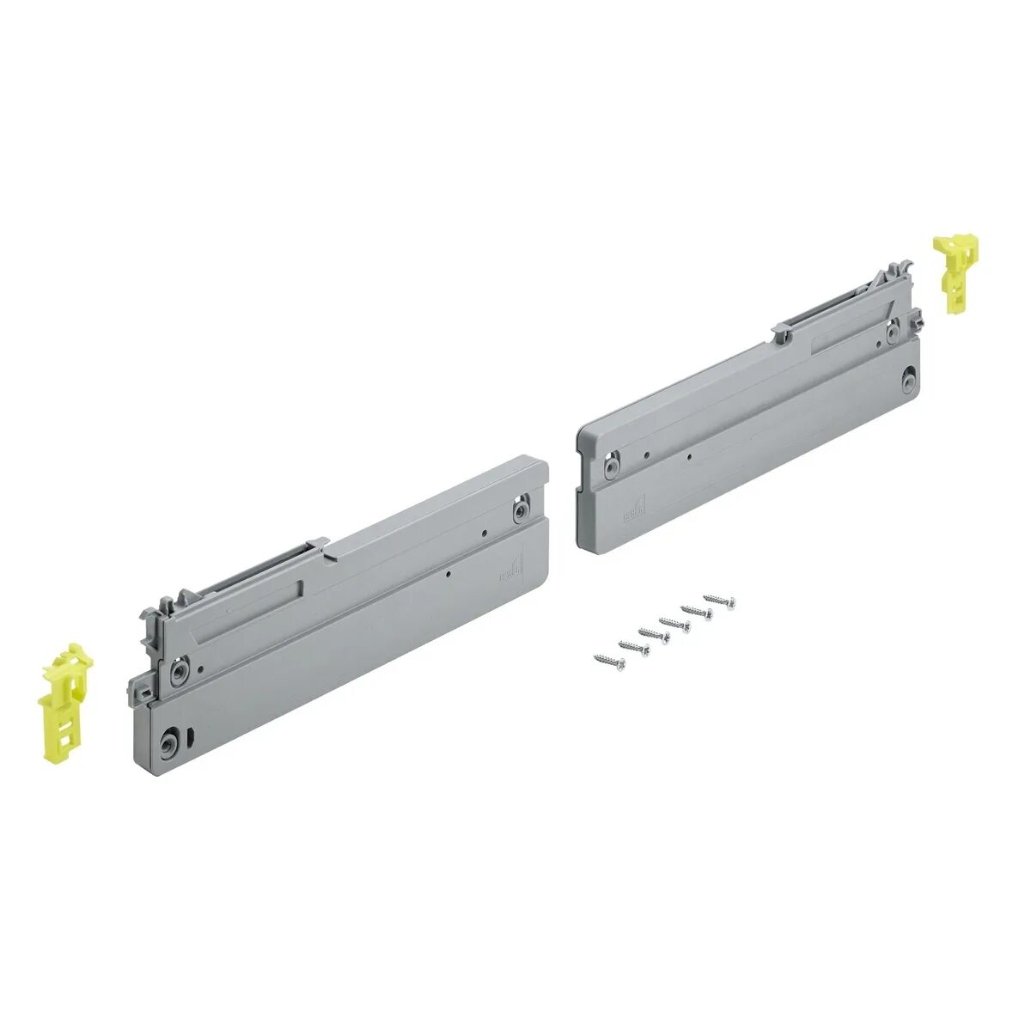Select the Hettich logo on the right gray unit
pyautogui.click(x=634, y=509)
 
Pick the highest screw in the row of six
pyautogui.click(x=720, y=600)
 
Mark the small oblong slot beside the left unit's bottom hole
pyautogui.click(x=191, y=735)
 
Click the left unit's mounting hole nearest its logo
pyautogui.click(x=520, y=512)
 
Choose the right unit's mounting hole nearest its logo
pyautogui.click(x=610, y=465)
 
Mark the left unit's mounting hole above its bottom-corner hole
pyautogui.click(x=179, y=670)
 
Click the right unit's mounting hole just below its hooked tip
pyautogui.click(x=894, y=330)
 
